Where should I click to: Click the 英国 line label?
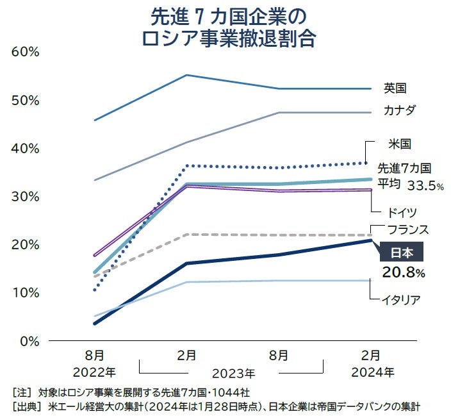[395, 88]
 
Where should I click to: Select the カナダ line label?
[400, 110]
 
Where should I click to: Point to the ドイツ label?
[403, 212]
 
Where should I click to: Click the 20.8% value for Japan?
[404, 273]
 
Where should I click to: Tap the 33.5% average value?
[425, 186]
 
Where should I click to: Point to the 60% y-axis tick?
[26, 52]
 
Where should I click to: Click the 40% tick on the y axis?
[26, 148]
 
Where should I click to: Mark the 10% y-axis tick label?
[26, 292]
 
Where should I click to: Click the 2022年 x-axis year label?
[94, 371]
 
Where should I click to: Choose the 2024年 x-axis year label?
[372, 371]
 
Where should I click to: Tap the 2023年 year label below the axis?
[233, 372]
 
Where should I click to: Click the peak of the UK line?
[186, 75]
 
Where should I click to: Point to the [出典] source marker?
[27, 406]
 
